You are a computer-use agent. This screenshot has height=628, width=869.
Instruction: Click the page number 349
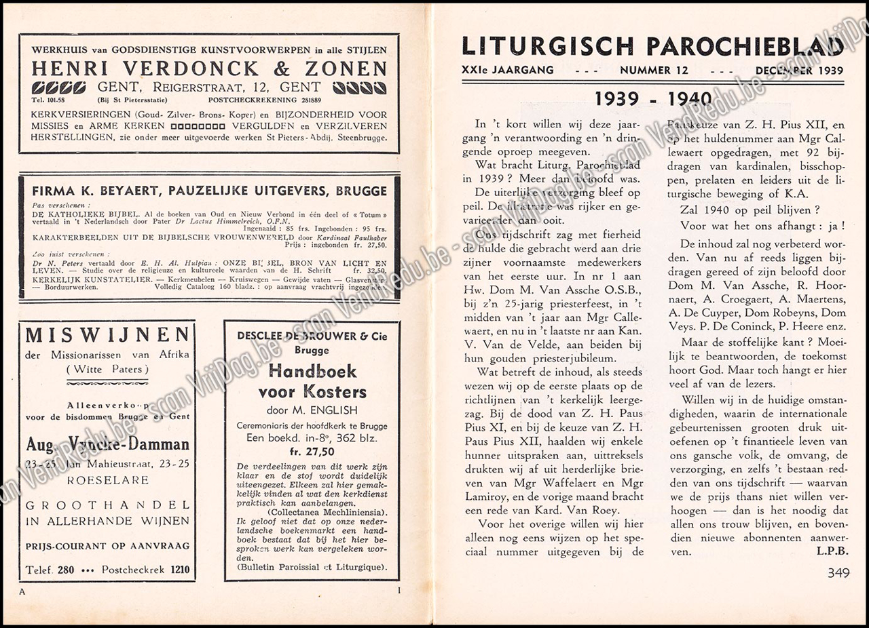tap(839, 572)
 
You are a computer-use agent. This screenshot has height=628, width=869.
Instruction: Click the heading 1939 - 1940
tap(652, 100)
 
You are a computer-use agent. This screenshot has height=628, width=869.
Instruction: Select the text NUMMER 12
tap(654, 71)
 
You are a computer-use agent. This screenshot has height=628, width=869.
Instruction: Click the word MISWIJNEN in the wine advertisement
tap(107, 335)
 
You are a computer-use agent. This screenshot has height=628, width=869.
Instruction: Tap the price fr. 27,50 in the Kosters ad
tap(312, 452)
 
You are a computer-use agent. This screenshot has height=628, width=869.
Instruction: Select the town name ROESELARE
tap(107, 478)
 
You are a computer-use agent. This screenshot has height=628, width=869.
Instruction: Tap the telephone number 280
tap(66, 570)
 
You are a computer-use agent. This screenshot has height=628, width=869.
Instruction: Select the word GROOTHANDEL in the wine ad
tap(107, 505)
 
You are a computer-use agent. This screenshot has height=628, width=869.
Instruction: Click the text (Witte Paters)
tap(107, 370)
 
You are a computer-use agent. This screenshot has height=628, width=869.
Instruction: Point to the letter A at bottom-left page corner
tap(22, 591)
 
